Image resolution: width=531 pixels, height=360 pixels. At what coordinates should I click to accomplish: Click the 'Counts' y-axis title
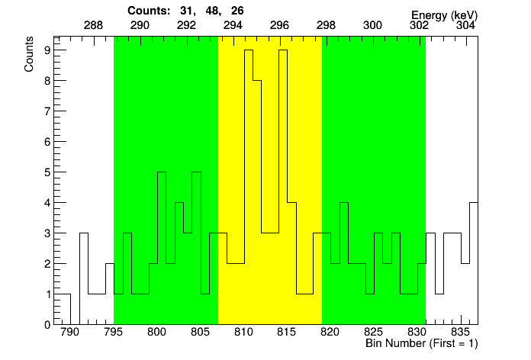click(x=29, y=54)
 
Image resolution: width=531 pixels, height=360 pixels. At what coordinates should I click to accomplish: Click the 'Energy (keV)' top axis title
click(x=444, y=14)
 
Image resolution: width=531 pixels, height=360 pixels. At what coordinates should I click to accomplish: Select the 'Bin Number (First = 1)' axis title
click(x=422, y=345)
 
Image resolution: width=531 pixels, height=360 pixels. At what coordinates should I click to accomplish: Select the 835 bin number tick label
click(x=461, y=333)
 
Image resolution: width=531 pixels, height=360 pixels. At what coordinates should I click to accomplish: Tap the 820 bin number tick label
click(x=330, y=333)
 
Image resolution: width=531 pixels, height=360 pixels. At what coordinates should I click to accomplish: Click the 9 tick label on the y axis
click(x=47, y=50)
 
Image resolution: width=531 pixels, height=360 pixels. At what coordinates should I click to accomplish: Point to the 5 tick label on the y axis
click(x=47, y=172)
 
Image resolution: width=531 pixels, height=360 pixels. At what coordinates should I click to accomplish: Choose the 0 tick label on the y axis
click(x=47, y=324)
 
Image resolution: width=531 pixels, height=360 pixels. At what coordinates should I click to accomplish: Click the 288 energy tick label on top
click(x=93, y=25)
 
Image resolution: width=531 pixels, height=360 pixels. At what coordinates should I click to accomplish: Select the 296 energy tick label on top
click(x=279, y=25)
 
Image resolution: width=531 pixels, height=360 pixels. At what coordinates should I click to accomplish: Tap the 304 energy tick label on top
click(x=465, y=25)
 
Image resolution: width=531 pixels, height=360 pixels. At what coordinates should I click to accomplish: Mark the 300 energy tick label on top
click(x=372, y=25)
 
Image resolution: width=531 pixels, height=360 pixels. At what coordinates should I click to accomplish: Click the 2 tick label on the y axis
click(x=47, y=264)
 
